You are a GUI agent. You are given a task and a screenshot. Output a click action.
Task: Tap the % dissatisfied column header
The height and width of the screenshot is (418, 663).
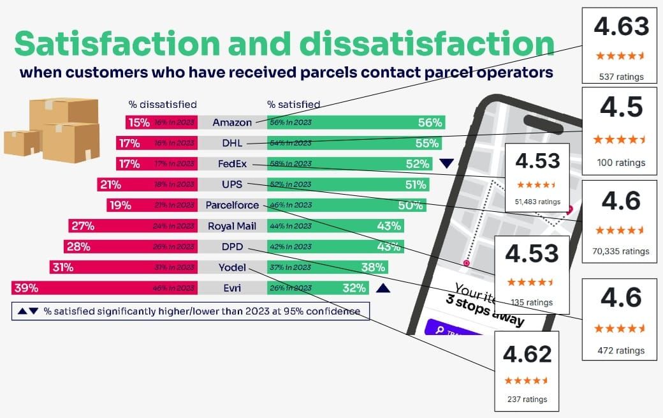pyautogui.click(x=162, y=104)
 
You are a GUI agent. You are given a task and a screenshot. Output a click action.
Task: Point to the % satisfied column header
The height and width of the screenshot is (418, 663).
pyautogui.click(x=293, y=104)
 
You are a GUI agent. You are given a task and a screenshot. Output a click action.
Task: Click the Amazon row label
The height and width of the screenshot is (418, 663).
pyautogui.click(x=232, y=123)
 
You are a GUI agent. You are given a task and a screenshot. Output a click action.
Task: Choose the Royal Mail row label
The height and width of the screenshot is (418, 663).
pyautogui.click(x=232, y=226)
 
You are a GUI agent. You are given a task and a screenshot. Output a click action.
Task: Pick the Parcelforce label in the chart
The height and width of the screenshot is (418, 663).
pyautogui.click(x=232, y=205)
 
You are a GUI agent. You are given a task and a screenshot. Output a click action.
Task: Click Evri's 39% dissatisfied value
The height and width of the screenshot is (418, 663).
pyautogui.click(x=25, y=288)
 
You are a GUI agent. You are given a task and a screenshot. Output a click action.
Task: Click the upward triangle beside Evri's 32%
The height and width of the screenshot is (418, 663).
pyautogui.click(x=382, y=288)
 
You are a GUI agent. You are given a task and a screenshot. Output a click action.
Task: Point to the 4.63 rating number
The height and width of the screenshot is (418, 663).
pyautogui.click(x=621, y=26)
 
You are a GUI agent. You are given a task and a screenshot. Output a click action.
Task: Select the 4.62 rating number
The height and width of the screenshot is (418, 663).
pyautogui.click(x=527, y=354)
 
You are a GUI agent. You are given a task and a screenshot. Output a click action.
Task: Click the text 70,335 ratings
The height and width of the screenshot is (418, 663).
pyautogui.click(x=620, y=251)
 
